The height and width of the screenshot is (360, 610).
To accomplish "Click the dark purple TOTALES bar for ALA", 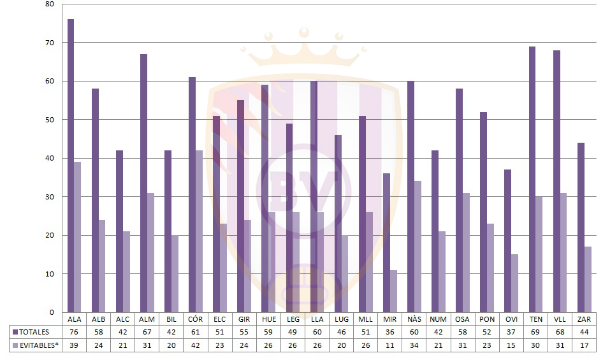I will (71, 166).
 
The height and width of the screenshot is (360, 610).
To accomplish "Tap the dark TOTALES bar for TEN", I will (532, 179).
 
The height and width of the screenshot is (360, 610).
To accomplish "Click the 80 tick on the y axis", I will (50, 4).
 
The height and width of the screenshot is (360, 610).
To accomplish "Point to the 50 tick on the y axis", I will (50, 120).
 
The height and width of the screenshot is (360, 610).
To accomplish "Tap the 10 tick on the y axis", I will (50, 274).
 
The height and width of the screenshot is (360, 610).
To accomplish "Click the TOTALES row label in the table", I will (34, 332).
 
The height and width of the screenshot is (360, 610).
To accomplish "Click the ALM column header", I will (147, 319).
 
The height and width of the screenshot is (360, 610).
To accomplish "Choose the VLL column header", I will (560, 319).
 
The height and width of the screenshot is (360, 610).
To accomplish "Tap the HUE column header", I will (268, 319).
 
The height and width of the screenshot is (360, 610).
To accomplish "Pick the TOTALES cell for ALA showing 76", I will (74, 332).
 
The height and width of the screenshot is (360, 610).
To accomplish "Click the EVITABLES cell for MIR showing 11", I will (390, 345).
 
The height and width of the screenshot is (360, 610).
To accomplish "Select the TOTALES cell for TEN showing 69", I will (535, 332).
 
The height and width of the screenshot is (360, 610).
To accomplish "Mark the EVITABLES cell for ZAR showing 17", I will (585, 345).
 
